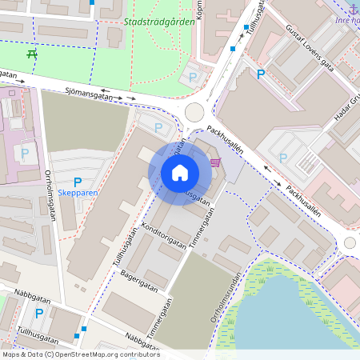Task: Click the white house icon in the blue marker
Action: point(180,173)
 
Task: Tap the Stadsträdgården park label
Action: point(159,22)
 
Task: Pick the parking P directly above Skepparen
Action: point(78,182)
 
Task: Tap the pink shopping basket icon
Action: point(214,162)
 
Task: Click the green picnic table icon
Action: point(32,54)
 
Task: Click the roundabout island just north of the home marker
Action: point(194,111)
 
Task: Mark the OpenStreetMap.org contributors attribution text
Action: point(80,354)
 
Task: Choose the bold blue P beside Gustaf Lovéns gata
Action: point(260,74)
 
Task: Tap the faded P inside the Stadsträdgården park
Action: point(192,77)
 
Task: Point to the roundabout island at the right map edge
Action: point(351,242)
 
